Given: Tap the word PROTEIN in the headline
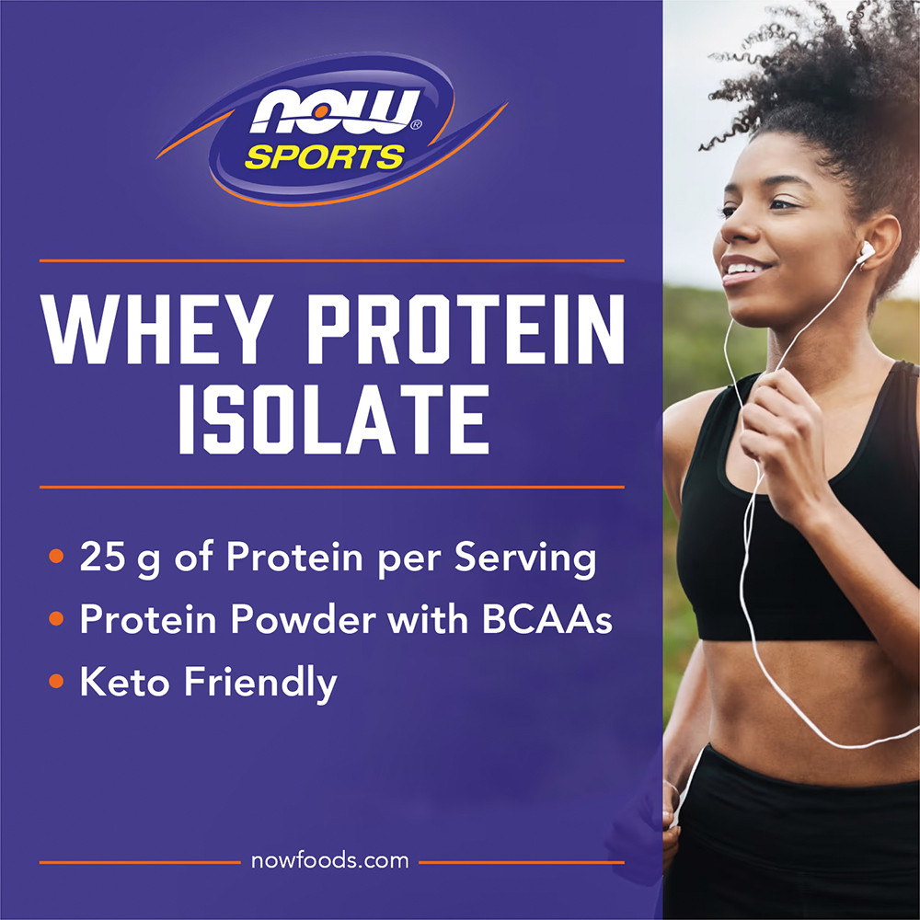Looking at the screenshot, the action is click(466, 328).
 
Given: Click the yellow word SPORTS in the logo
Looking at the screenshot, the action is click(325, 157).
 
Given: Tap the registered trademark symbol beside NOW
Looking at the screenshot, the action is click(416, 124).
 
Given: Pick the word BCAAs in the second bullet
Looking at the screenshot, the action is click(546, 618).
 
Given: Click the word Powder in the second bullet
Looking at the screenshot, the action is click(303, 618).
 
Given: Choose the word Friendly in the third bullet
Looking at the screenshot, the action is click(260, 683).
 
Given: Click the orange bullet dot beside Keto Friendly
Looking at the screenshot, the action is click(56, 681).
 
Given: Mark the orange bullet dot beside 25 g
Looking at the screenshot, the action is click(56, 555).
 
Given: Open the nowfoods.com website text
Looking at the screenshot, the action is click(329, 861).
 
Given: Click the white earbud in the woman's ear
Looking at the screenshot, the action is click(866, 252).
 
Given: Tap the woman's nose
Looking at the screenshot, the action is click(733, 230).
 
